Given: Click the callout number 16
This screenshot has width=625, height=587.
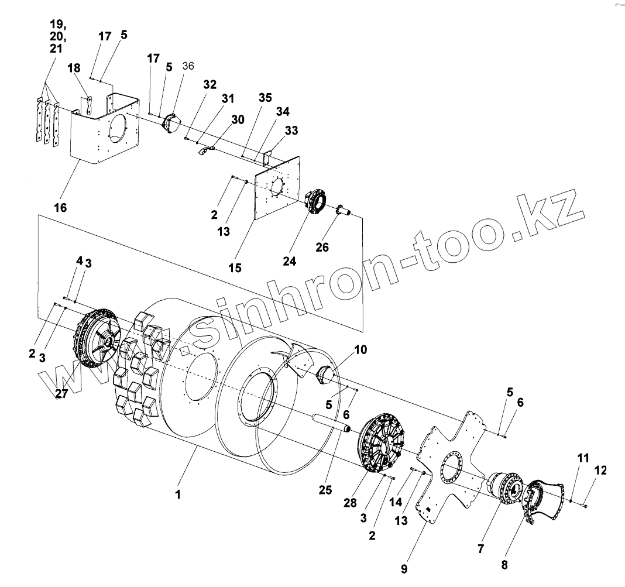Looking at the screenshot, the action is (x=60, y=207).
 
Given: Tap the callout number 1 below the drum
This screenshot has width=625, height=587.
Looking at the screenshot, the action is (x=178, y=494).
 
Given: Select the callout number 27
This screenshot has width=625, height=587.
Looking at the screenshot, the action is (x=62, y=394).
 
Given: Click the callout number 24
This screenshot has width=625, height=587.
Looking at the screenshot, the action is (x=289, y=260).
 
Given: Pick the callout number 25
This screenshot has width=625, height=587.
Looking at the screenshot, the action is (x=326, y=489).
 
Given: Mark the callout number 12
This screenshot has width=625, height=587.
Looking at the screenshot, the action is (x=600, y=470).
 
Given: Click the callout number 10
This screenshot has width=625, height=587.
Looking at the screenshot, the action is (x=360, y=349).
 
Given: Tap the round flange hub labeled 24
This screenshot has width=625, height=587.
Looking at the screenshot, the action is (x=317, y=201).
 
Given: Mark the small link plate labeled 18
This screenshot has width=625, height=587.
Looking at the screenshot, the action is (x=90, y=105).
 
